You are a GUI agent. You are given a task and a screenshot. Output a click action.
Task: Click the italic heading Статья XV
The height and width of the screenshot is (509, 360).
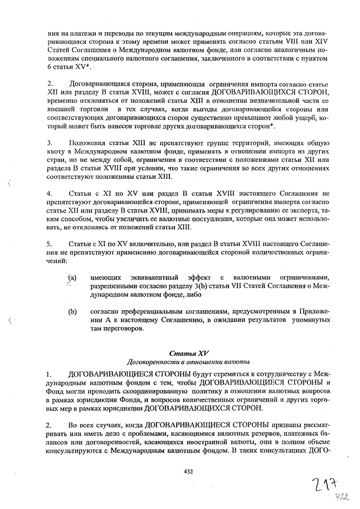point(188,353)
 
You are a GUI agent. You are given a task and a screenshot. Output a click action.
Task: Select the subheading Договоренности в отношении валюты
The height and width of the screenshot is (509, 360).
point(188,362)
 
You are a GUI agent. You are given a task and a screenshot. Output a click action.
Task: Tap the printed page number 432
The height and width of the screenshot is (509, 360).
point(188,471)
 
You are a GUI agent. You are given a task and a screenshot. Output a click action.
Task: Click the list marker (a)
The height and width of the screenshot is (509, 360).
point(73,278)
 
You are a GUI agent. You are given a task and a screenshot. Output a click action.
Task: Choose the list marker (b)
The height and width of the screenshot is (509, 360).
point(73,311)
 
